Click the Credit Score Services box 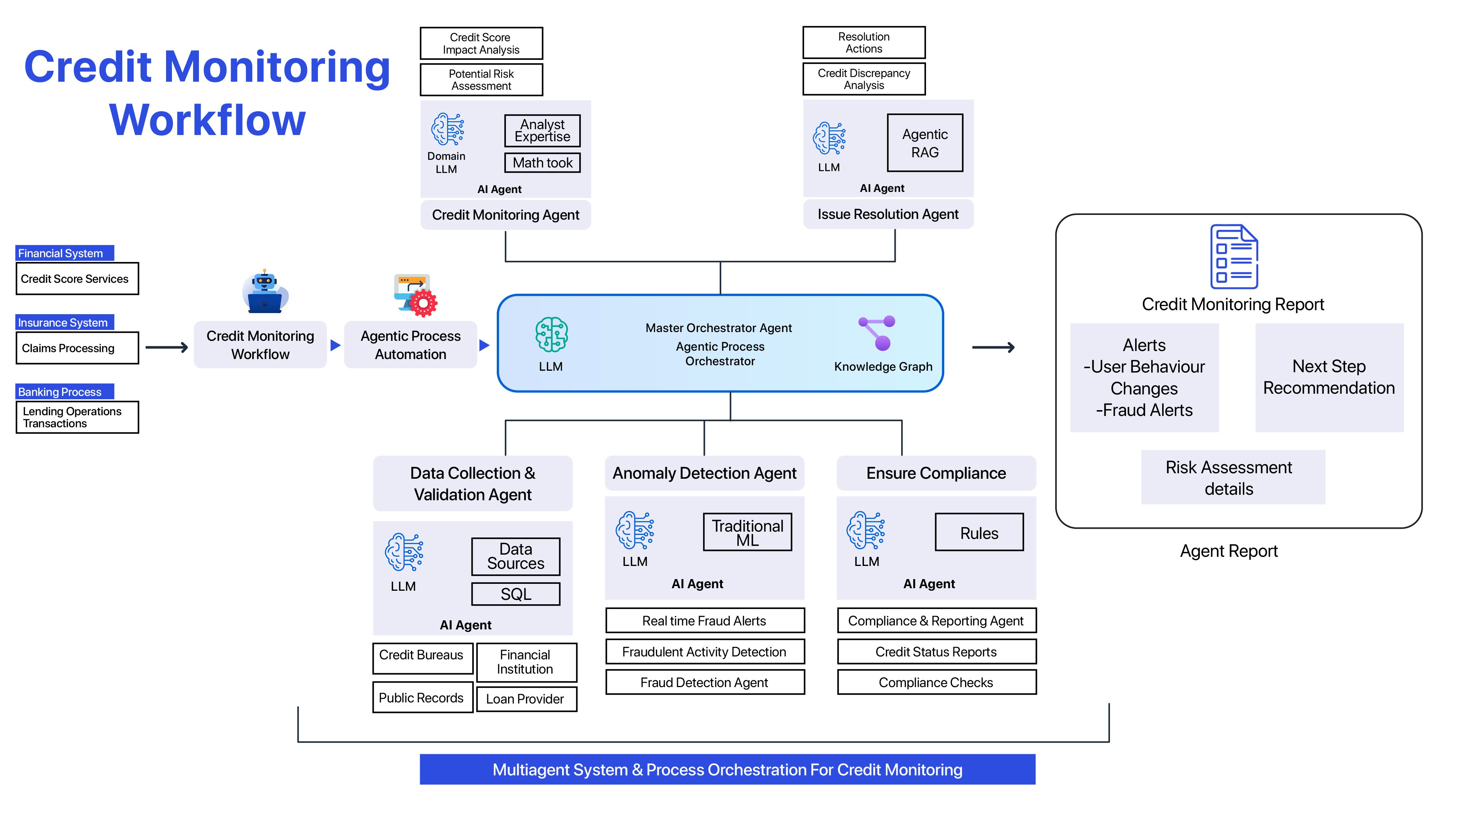click(77, 279)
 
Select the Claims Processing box click(77, 348)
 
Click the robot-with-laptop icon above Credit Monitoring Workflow click(265, 292)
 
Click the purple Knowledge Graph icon click(877, 333)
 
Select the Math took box click(542, 163)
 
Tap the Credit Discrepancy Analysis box click(864, 79)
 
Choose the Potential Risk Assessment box click(481, 80)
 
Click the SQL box click(516, 594)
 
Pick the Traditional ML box click(747, 533)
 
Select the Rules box click(979, 533)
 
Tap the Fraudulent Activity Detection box click(704, 652)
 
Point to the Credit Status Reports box click(936, 652)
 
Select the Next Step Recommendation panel click(1329, 377)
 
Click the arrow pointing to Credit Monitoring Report click(993, 347)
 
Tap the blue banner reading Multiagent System click(727, 770)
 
